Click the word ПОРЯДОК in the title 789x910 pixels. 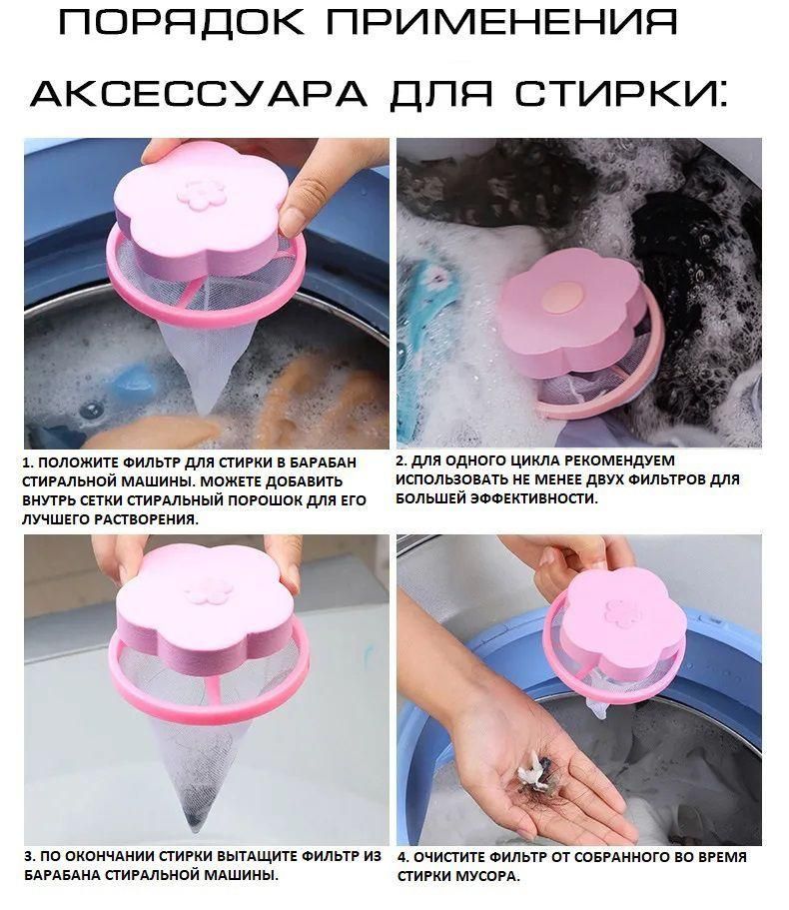coord(182,23)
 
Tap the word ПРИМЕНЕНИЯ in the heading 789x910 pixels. coord(502,23)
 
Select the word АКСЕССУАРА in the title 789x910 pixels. coord(199,93)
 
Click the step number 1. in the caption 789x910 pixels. coord(28,463)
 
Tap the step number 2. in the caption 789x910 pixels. coord(402,460)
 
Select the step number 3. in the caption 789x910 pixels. coord(30,856)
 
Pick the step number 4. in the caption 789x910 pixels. coord(403,857)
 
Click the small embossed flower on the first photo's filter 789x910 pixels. coord(202,195)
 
